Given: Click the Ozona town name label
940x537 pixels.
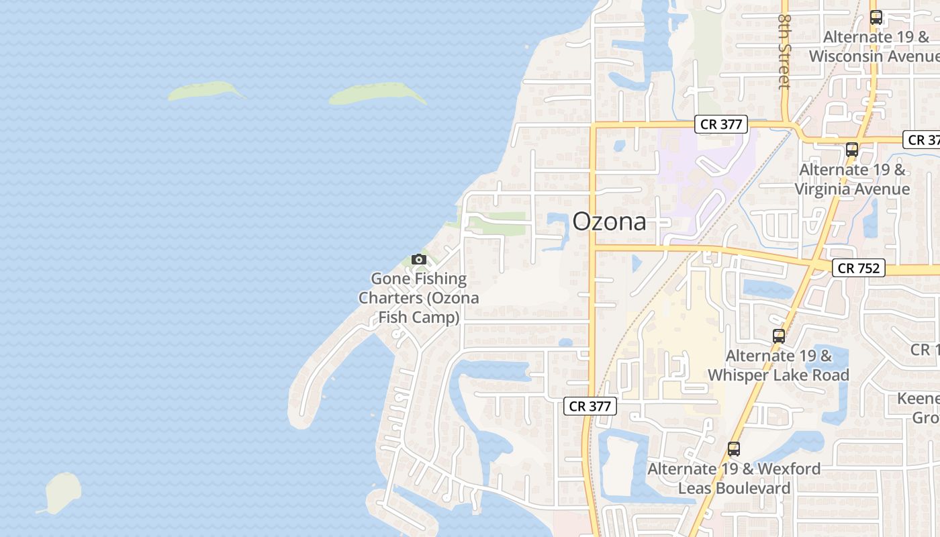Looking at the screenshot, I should point(609,222).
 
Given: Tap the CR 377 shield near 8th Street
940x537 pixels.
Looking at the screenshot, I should point(721,124).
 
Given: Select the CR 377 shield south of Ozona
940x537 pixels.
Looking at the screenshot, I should point(590,405).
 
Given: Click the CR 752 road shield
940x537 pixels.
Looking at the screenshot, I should point(859,268).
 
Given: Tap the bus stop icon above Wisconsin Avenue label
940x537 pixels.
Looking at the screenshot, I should point(876,17).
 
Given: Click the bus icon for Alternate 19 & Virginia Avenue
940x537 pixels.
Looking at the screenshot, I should point(851,150).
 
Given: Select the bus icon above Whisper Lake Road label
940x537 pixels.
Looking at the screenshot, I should point(779,336).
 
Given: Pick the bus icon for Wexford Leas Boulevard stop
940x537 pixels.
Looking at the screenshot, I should point(733,448).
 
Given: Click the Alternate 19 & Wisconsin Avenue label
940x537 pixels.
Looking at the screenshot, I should point(874,46).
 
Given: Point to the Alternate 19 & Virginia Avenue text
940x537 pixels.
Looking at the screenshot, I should point(852,179).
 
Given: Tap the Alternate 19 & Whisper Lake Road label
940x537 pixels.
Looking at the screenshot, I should point(779,365).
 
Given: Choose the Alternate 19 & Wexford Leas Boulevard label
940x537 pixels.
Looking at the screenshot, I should point(734,478).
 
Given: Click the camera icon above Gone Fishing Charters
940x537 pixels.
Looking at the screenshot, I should point(419,259).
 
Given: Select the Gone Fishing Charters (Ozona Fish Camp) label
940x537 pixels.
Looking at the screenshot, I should point(419,297).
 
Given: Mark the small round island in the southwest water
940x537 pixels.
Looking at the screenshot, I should point(63,491).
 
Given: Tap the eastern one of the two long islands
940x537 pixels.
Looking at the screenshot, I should point(377,93).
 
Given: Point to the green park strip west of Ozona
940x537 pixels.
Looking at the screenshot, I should point(498,224).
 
